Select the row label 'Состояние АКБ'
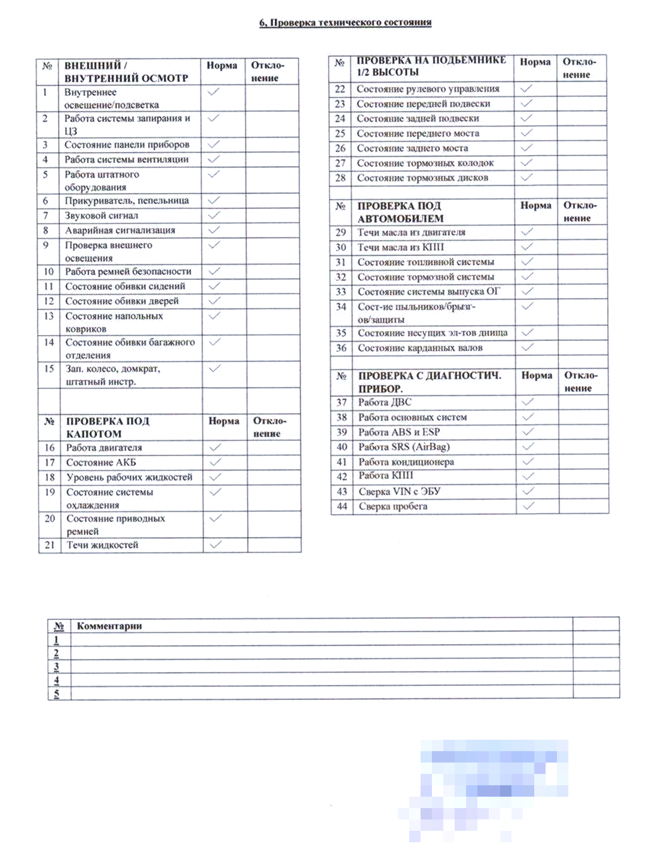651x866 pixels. (101, 462)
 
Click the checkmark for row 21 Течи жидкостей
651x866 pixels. (216, 544)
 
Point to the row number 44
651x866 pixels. (342, 506)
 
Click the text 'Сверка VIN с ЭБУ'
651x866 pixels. (399, 491)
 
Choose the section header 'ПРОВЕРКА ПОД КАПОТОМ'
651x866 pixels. (107, 427)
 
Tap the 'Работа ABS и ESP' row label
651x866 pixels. (399, 432)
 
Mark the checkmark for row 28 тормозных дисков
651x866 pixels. (526, 177)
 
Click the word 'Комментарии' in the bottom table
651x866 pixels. (110, 626)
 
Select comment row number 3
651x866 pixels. (56, 666)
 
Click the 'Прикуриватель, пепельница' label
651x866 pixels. (127, 200)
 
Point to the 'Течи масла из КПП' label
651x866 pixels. (400, 247)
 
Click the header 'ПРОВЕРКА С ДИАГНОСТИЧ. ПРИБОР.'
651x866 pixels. (429, 382)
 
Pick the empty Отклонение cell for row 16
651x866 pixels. (274, 447)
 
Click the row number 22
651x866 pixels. (339, 88)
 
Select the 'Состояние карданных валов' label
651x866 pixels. (420, 348)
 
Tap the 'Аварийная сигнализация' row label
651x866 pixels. (120, 230)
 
